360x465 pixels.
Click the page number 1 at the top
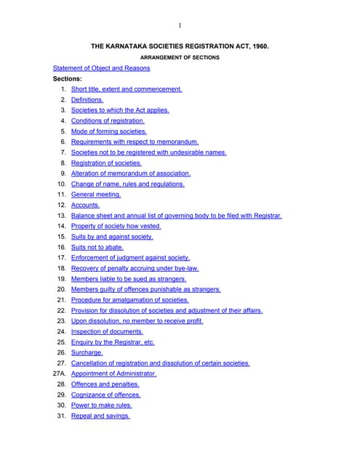180,26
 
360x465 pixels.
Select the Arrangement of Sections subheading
180,57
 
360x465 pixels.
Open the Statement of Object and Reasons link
101,68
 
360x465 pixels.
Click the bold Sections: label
67,78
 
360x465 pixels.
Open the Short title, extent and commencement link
127,89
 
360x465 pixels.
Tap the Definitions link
87,100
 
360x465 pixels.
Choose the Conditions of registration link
108,121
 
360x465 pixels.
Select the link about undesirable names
148,153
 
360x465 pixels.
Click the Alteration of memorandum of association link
131,174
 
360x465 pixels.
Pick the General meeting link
96,195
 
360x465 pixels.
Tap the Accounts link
85,205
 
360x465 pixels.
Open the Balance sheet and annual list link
176,216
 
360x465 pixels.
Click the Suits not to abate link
97,247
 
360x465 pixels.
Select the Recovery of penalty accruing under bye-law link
135,268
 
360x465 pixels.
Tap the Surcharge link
87,352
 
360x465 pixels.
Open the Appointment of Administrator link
113,373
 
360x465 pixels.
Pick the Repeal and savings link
100,416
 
